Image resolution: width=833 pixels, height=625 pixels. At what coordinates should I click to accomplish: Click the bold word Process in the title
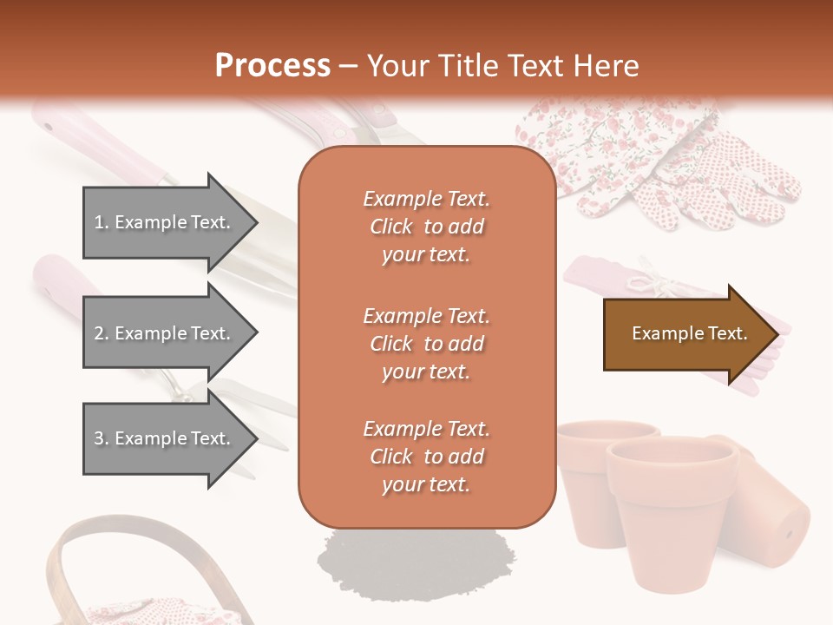point(272,66)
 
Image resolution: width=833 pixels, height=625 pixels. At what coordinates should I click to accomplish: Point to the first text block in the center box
point(426,227)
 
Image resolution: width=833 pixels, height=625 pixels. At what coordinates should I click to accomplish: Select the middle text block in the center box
point(426,344)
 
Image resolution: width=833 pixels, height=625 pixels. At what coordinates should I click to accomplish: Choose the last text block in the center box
point(426,457)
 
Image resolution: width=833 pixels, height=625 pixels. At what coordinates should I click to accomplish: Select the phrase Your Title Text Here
point(502,66)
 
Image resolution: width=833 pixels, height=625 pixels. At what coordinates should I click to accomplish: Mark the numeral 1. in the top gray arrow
point(102,222)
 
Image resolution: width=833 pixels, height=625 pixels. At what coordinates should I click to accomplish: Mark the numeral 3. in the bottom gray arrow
point(102,438)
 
